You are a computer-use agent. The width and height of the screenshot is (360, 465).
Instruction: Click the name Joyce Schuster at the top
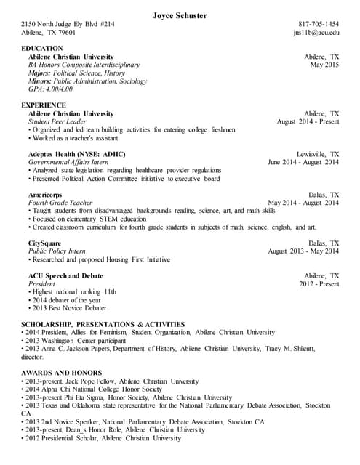pyautogui.click(x=180, y=15)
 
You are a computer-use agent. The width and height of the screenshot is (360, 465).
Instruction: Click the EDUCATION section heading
pyautogui.click(x=42, y=48)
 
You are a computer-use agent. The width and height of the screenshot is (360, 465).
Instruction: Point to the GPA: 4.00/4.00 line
pyautogui.click(x=50, y=89)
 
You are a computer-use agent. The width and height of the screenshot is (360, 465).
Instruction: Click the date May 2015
pyautogui.click(x=324, y=65)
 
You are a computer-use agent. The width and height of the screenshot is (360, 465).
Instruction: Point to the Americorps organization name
pyautogui.click(x=45, y=195)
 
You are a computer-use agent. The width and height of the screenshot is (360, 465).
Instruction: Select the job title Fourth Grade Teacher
pyautogui.click(x=60, y=203)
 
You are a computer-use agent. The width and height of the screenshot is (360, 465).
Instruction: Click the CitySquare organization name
pyautogui.click(x=45, y=243)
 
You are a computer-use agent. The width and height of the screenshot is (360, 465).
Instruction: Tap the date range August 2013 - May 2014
pyautogui.click(x=303, y=251)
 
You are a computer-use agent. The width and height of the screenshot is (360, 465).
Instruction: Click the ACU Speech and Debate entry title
pyautogui.click(x=65, y=275)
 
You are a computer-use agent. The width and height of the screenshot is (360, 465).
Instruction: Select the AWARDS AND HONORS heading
pyautogui.click(x=59, y=372)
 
